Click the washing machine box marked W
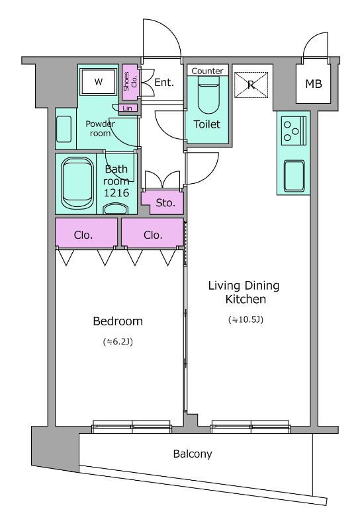[x=99, y=81]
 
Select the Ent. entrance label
[x=164, y=82]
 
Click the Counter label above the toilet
[x=207, y=71]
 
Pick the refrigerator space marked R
[x=251, y=85]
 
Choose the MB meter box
[x=314, y=83]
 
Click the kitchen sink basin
[x=294, y=176]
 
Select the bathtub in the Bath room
[x=77, y=184]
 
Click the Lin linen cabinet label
[x=127, y=108]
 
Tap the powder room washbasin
[x=64, y=129]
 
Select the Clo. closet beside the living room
[x=153, y=233]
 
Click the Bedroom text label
[x=118, y=321]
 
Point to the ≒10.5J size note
[x=246, y=319]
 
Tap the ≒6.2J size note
[x=118, y=342]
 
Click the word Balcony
[x=193, y=454]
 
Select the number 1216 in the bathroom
[x=116, y=192]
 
